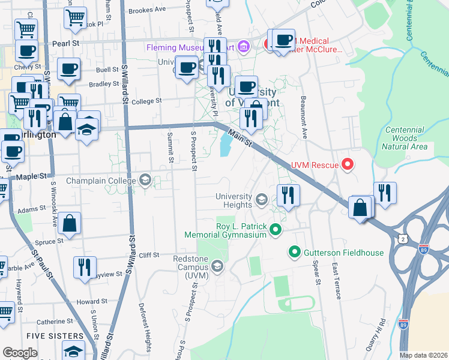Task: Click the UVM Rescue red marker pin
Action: pyautogui.click(x=346, y=164)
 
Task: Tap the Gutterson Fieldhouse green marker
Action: pyautogui.click(x=295, y=251)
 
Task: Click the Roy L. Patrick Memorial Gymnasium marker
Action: pyautogui.click(x=276, y=229)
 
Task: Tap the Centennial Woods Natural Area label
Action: pyautogui.click(x=406, y=138)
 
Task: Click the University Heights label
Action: pyautogui.click(x=234, y=200)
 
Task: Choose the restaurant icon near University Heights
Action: pyautogui.click(x=288, y=196)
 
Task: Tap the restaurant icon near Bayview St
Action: pyautogui.click(x=85, y=267)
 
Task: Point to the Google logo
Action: pyautogui.click(x=20, y=353)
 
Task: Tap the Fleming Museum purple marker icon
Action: pyautogui.click(x=243, y=46)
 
